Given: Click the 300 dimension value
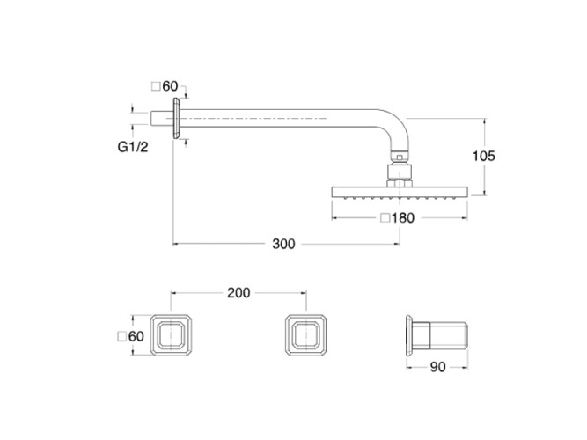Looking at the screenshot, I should pyautogui.click(x=282, y=244).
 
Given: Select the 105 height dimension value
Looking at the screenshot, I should pyautogui.click(x=484, y=156).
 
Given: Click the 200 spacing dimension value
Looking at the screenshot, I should pyautogui.click(x=238, y=292).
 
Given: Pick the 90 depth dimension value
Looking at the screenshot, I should pyautogui.click(x=438, y=369).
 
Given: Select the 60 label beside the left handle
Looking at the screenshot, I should pyautogui.click(x=136, y=335).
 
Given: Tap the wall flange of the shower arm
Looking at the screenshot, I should pyautogui.click(x=179, y=117).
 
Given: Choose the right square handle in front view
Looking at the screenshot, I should pyautogui.click(x=305, y=335).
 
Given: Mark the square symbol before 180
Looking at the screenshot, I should pyautogui.click(x=385, y=218).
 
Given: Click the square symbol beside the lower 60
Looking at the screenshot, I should pyautogui.click(x=121, y=335).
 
